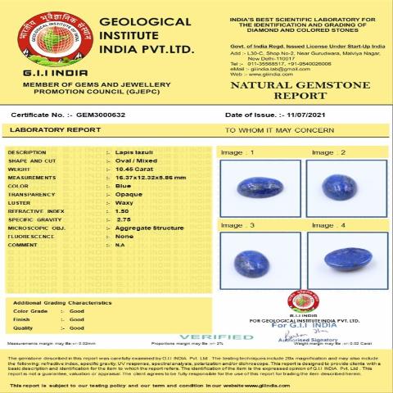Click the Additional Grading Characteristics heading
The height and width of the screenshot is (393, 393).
pyautogui.click(x=62, y=303)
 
